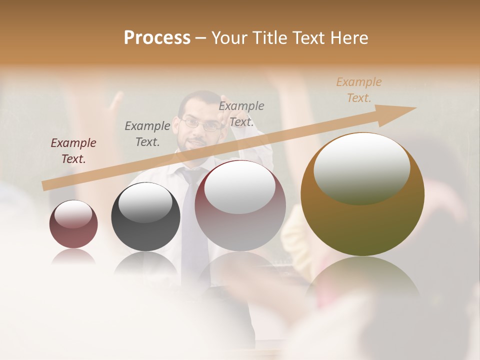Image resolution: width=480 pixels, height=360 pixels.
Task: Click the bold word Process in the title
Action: coord(157,38)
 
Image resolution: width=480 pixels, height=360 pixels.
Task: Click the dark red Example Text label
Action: coord(73,150)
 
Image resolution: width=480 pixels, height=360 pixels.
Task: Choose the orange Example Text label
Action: coord(358,90)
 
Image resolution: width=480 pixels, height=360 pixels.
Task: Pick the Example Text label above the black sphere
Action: coord(147,133)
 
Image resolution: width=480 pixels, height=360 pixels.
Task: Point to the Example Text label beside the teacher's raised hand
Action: coord(241,113)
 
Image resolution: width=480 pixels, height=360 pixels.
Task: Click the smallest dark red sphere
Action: coord(73,224)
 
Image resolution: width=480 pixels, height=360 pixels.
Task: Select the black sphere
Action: coord(145,217)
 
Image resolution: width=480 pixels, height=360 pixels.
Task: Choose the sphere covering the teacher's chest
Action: coord(240,205)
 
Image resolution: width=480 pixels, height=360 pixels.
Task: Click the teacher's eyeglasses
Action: coord(202,123)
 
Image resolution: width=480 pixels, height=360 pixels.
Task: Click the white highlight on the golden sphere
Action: coord(361,168)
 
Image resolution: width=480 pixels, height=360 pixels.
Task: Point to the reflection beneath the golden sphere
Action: coord(362,280)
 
